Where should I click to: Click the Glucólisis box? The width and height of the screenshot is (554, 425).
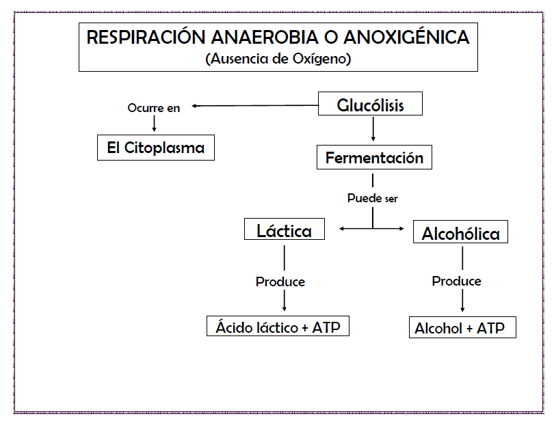[x=370, y=103]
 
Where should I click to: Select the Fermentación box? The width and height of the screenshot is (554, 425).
[x=374, y=157]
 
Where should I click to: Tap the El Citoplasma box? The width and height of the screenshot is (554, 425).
[x=156, y=148]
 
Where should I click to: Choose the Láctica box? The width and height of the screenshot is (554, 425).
[x=285, y=229]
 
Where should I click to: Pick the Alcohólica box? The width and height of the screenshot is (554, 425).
[x=460, y=232]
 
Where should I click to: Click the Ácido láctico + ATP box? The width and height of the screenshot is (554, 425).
[x=278, y=326]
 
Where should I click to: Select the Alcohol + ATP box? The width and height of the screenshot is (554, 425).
[x=462, y=327]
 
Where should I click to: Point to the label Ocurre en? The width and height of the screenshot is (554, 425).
[x=154, y=108]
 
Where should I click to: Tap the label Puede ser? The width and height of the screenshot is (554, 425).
[x=372, y=198]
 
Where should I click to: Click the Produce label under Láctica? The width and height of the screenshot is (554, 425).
[x=280, y=282]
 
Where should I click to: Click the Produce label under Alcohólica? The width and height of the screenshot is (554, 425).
[x=456, y=281]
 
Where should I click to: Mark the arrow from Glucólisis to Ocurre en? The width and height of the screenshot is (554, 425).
[x=255, y=105]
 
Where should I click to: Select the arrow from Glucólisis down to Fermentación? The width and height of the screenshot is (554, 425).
[x=373, y=129]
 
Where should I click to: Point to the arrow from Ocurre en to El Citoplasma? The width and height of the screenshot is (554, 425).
[x=154, y=124]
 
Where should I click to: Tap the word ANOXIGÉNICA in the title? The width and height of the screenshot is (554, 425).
[x=407, y=36]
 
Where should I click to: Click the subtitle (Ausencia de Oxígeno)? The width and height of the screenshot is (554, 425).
[x=278, y=59]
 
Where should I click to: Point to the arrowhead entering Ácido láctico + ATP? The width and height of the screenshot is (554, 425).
[x=285, y=309]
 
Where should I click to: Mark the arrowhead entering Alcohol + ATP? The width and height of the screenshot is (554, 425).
[x=462, y=310]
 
